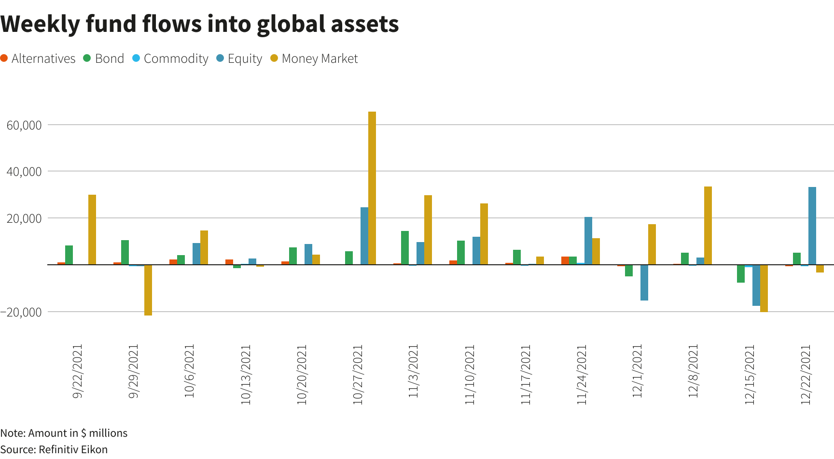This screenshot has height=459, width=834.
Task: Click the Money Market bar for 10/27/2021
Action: click(372, 188)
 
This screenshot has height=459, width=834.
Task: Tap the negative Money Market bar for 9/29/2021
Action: click(148, 290)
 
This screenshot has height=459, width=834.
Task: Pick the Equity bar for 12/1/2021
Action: click(644, 283)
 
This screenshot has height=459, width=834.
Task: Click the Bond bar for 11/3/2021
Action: click(405, 248)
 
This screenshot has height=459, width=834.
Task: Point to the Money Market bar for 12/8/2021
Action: click(708, 226)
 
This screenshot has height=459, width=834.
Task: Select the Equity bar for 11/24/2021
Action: click(588, 241)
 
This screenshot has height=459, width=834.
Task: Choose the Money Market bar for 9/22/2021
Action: click(92, 229)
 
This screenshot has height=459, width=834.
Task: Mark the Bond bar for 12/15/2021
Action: click(741, 273)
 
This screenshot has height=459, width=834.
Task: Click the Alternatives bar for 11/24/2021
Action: click(565, 260)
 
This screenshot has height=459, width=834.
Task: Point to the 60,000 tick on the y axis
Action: click(24, 125)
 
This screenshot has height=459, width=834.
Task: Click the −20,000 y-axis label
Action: click(21, 312)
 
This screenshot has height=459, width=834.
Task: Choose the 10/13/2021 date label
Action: click(246, 374)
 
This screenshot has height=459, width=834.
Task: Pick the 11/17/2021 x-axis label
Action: click(526, 374)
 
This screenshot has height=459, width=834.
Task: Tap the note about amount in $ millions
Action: click(64, 433)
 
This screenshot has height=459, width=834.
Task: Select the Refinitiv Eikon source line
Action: click(54, 449)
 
